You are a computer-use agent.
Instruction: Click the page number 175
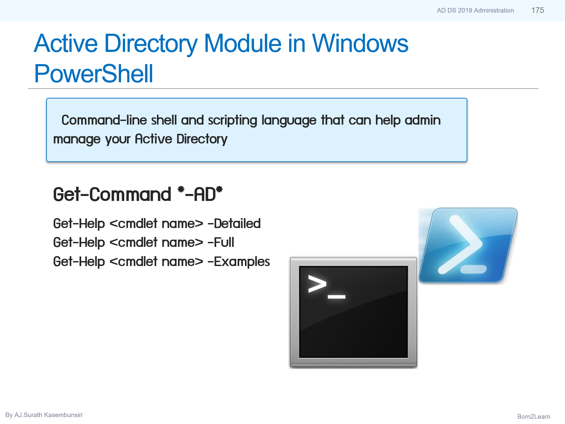tap(537, 10)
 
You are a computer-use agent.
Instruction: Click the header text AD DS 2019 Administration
tap(475, 11)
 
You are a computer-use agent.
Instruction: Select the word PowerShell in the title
tap(93, 73)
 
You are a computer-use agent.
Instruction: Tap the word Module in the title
tap(243, 43)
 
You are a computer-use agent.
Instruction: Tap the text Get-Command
tap(112, 194)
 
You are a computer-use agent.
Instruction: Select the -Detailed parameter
tap(234, 224)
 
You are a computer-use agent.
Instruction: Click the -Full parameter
tap(221, 243)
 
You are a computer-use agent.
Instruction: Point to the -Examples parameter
tap(239, 262)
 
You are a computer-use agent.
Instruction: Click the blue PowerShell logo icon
tap(468, 245)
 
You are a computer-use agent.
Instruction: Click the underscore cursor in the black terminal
tap(336, 297)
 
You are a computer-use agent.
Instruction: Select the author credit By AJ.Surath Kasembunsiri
tap(44, 415)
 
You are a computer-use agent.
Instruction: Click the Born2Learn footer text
tap(533, 416)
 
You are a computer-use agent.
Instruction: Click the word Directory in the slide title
tap(151, 43)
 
